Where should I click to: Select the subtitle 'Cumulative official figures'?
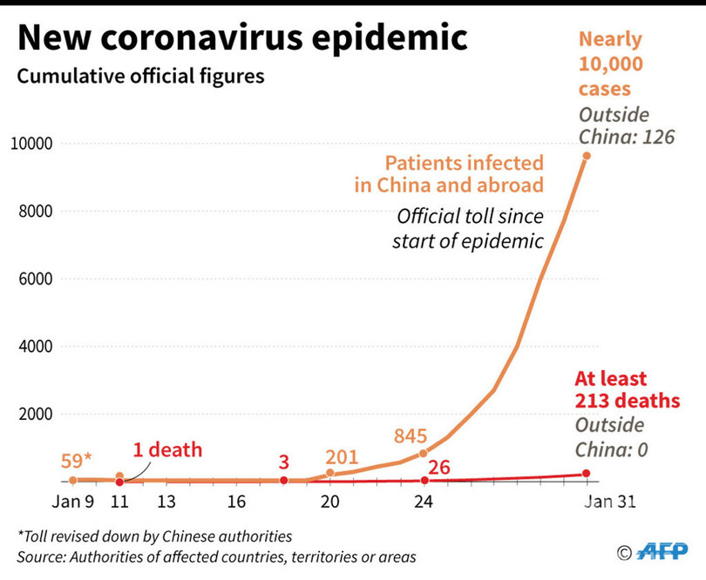pos(140,77)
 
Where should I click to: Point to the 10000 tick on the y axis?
pos(31,144)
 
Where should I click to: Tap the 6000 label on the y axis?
pos(35,280)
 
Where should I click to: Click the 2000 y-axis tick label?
pos(35,415)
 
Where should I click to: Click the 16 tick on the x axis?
pos(236,502)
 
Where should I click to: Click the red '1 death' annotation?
pos(167,450)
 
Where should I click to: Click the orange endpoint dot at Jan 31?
pos(587,156)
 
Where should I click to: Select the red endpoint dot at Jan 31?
pos(587,474)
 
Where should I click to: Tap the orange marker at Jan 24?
pos(424,454)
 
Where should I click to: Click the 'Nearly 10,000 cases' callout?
pos(610,64)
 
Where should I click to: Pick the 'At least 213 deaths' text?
pos(627,389)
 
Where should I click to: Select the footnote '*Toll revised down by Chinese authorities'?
pos(154,536)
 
